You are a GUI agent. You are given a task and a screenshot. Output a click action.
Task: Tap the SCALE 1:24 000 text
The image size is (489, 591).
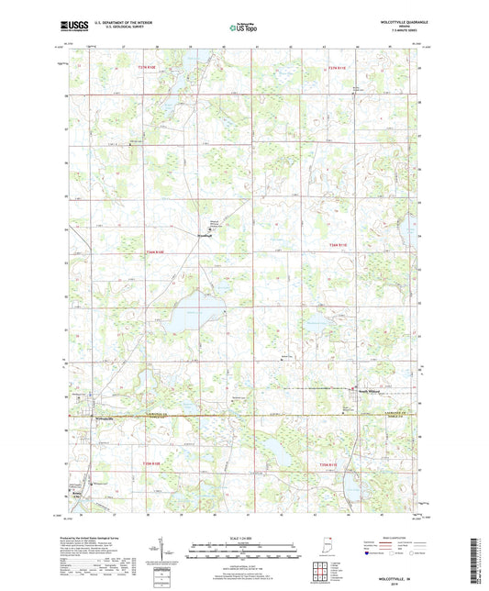(244, 538)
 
